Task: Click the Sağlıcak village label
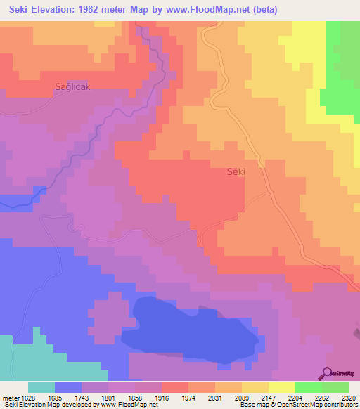coord(74,86)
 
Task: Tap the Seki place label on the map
coord(235,171)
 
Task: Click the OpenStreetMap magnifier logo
coord(326,373)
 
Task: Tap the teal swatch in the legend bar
coord(41,387)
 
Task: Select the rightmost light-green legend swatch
coord(335,387)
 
